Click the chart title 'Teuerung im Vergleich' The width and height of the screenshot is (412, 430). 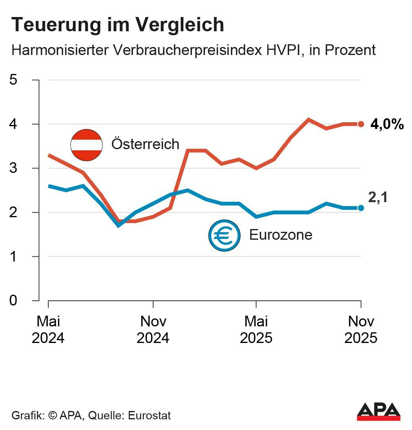(x=118, y=25)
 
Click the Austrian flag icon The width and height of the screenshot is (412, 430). (x=86, y=145)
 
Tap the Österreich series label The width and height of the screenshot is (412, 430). (x=145, y=144)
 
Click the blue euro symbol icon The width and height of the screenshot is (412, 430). (x=224, y=235)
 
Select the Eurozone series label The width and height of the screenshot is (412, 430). (x=281, y=235)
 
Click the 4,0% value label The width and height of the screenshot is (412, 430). (x=387, y=125)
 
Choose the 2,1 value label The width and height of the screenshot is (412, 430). (x=378, y=197)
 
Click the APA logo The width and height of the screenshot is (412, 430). (x=378, y=412)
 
